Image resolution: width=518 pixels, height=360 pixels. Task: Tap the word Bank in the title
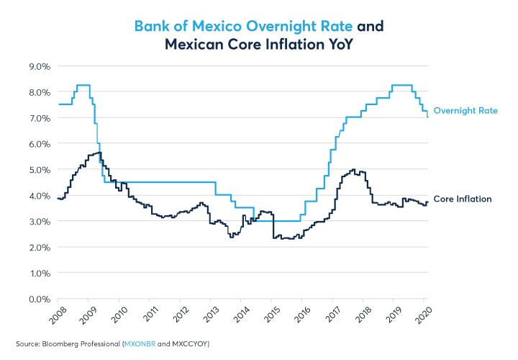click(x=153, y=27)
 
